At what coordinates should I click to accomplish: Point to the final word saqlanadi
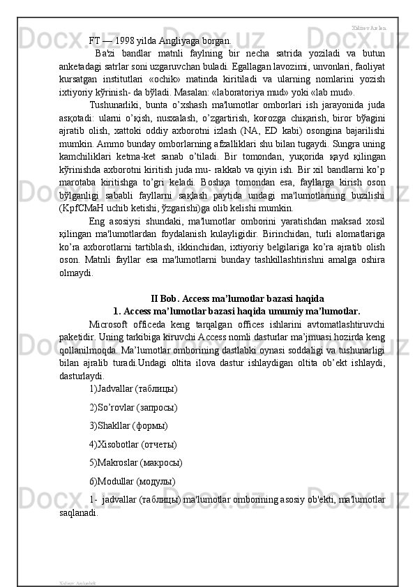tap(79, 512)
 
